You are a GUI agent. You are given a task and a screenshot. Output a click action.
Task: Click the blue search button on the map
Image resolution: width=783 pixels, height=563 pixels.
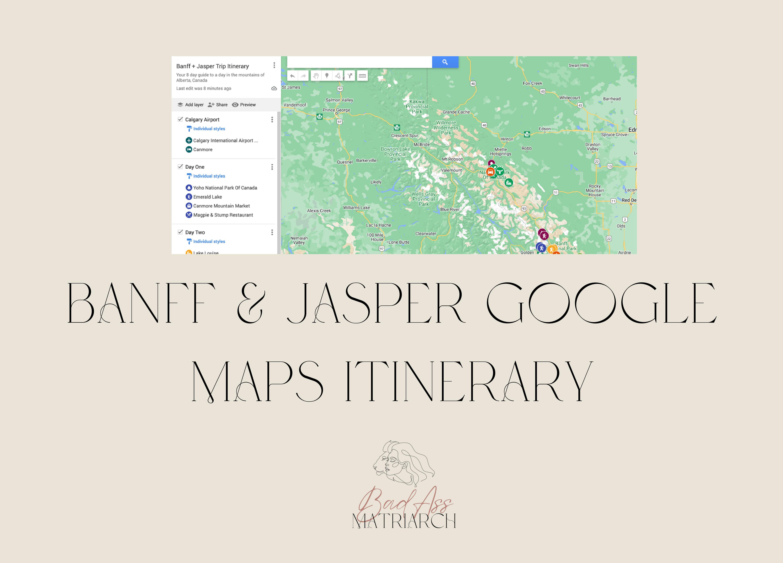pos(445,62)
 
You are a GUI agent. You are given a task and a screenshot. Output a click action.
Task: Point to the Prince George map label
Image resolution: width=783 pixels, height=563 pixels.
pos(336,110)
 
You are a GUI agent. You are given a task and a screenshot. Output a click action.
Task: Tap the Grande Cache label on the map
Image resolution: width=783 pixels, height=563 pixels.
pos(456,112)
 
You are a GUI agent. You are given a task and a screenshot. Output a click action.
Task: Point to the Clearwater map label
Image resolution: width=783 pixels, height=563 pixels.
pos(426,234)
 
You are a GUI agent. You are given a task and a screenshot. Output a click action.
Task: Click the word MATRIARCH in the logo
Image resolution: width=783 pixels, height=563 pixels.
pos(404,521)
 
